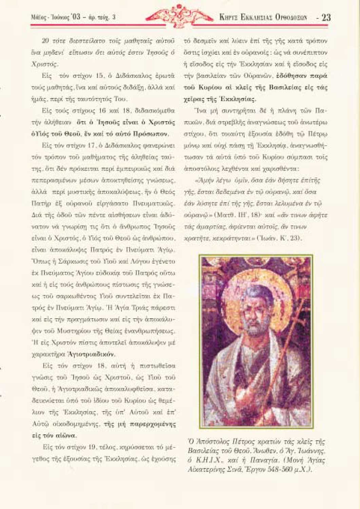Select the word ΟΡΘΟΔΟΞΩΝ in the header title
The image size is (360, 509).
tap(291, 17)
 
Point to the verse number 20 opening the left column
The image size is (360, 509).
tap(45, 41)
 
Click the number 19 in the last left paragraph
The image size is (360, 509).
tap(93, 447)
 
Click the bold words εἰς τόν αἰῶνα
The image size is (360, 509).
tap(54, 435)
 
